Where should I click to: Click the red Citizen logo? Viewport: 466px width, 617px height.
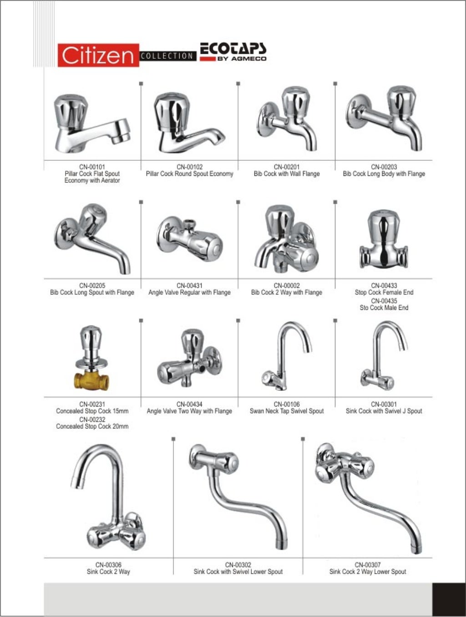pos(98,55)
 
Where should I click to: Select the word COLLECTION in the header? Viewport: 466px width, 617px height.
pos(167,56)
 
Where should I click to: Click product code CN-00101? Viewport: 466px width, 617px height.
pos(92,167)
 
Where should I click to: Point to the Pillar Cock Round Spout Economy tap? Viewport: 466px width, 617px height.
pos(187,123)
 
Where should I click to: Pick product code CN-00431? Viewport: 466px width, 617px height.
pos(189,286)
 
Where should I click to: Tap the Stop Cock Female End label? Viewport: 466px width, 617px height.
pos(384,293)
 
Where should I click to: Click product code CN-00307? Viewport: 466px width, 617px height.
pos(367,565)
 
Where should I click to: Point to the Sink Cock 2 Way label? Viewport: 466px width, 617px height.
pos(108,571)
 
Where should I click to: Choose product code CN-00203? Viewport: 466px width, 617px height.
pos(384,167)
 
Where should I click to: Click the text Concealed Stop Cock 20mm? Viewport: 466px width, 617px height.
pos(92,427)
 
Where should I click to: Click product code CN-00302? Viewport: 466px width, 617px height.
pos(238,565)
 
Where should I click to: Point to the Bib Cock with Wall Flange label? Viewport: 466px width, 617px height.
pos(287,174)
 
